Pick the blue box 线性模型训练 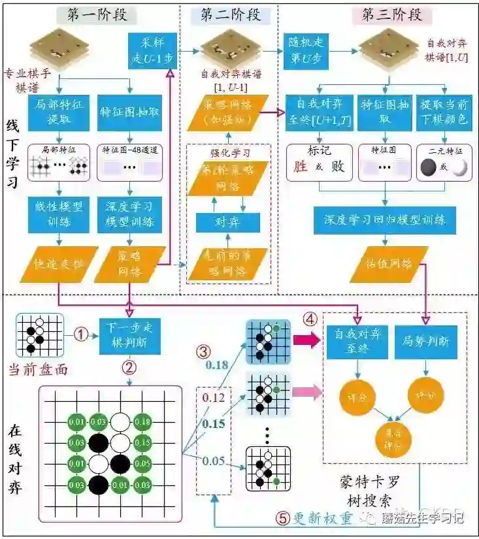coord(59,214)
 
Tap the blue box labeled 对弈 coord(229,222)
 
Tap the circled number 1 coord(80,335)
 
